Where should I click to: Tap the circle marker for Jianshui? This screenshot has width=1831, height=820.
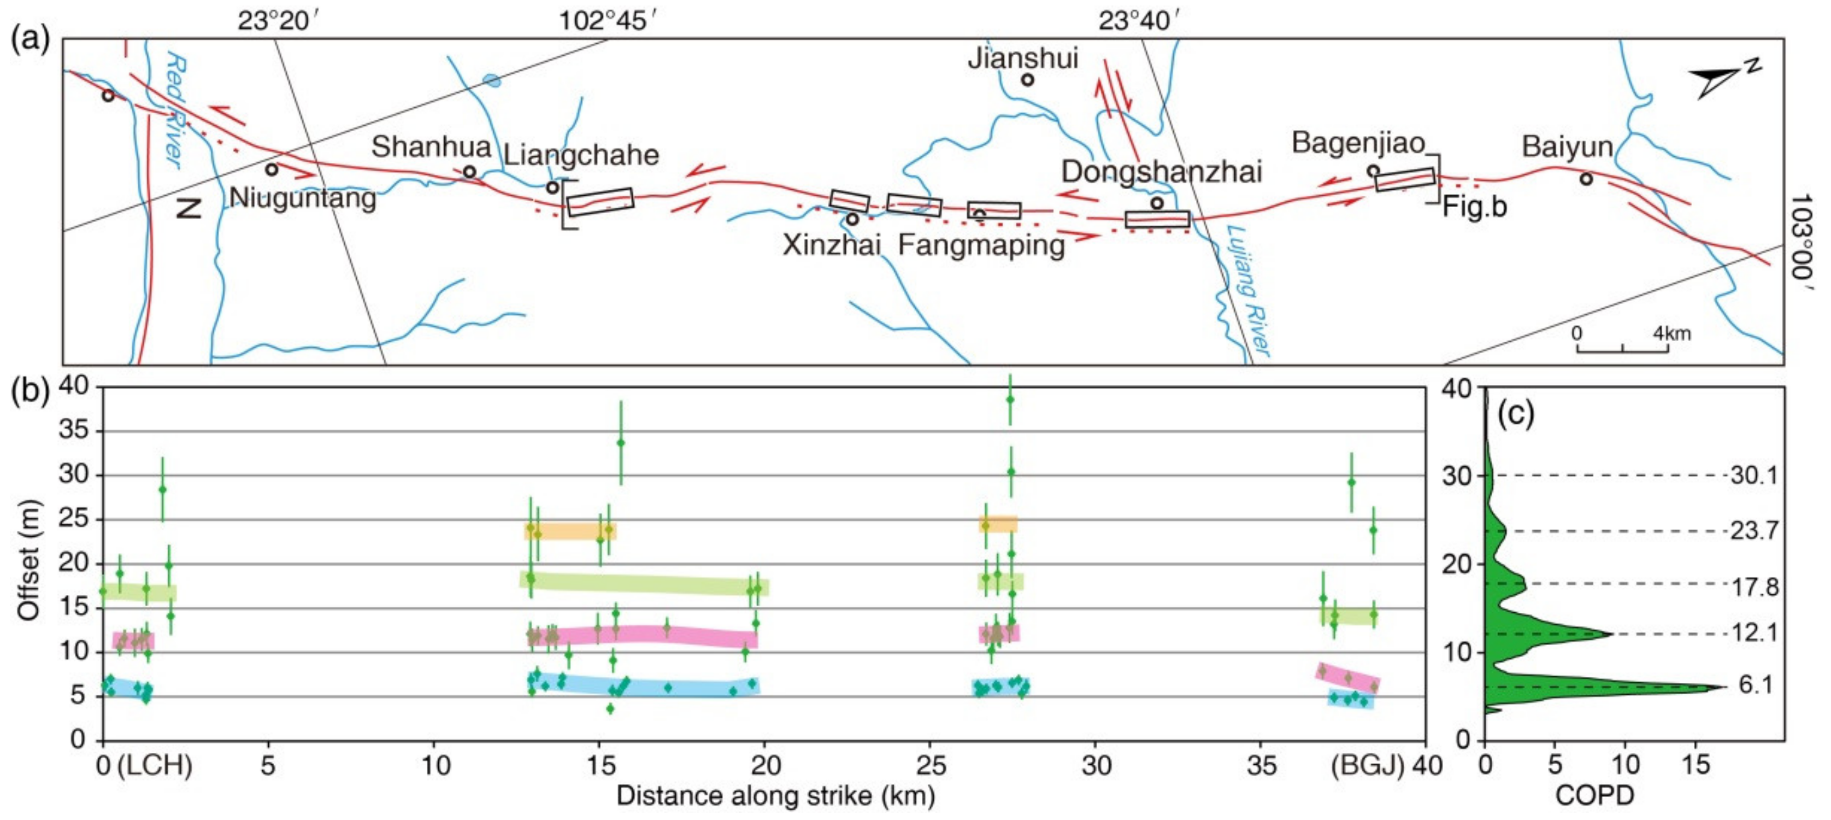(1027, 80)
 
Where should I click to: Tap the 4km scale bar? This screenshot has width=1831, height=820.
(1622, 347)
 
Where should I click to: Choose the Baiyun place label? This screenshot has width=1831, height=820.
(1567, 147)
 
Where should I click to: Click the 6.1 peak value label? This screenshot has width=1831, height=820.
(1756, 685)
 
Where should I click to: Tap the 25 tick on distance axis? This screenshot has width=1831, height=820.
(930, 765)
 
